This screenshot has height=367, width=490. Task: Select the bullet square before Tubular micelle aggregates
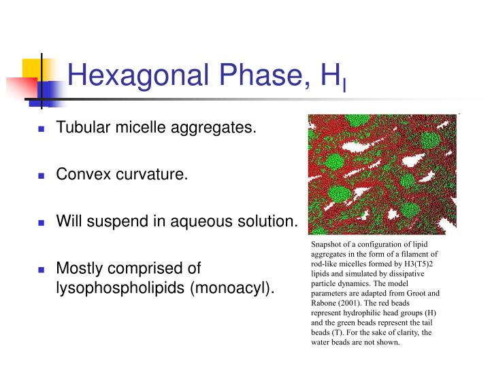click(41, 128)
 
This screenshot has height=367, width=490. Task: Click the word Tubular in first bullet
click(79, 127)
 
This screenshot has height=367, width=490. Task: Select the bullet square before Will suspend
click(41, 222)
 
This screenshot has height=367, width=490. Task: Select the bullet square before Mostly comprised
click(41, 269)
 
